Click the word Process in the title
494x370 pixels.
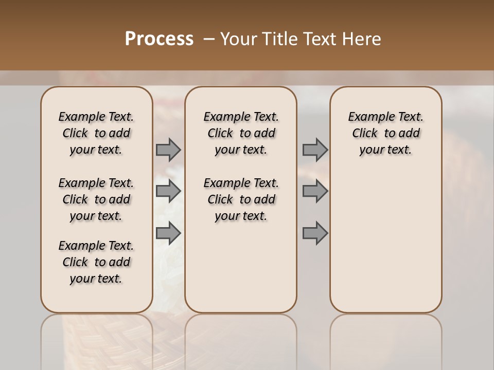[x=159, y=39]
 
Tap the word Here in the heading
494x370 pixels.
[x=362, y=39]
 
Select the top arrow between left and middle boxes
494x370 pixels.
[x=168, y=150]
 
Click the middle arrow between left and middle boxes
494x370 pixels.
[x=168, y=192]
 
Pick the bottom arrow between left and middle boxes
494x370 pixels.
[x=168, y=233]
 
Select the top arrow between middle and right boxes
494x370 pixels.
[x=315, y=150]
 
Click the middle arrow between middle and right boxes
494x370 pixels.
[x=315, y=192]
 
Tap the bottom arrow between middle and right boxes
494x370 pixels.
[x=315, y=233]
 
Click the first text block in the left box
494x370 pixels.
[x=96, y=133]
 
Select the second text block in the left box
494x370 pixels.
[x=96, y=199]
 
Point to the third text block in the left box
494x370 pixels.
[x=96, y=262]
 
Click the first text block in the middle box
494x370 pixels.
[x=241, y=133]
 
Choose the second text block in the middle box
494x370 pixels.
[x=241, y=199]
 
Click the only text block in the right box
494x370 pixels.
[x=385, y=133]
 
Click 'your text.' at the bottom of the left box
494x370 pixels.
[x=96, y=279]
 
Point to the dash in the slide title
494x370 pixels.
[x=209, y=39]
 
